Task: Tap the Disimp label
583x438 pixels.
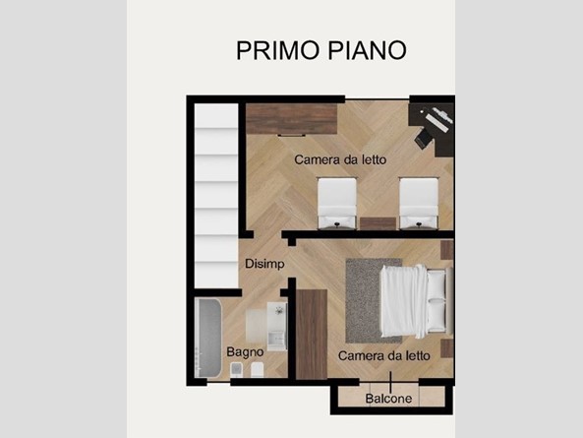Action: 264,264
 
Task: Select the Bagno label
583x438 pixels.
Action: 244,351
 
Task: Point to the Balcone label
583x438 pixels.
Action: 390,399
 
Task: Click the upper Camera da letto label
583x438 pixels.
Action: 340,159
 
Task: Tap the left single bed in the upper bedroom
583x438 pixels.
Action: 336,202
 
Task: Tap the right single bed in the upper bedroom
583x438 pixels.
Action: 417,202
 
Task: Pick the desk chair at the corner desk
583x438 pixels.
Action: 423,139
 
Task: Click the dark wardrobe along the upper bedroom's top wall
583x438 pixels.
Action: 293,119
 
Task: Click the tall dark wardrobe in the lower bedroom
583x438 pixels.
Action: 312,335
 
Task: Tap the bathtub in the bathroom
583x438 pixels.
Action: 210,337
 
